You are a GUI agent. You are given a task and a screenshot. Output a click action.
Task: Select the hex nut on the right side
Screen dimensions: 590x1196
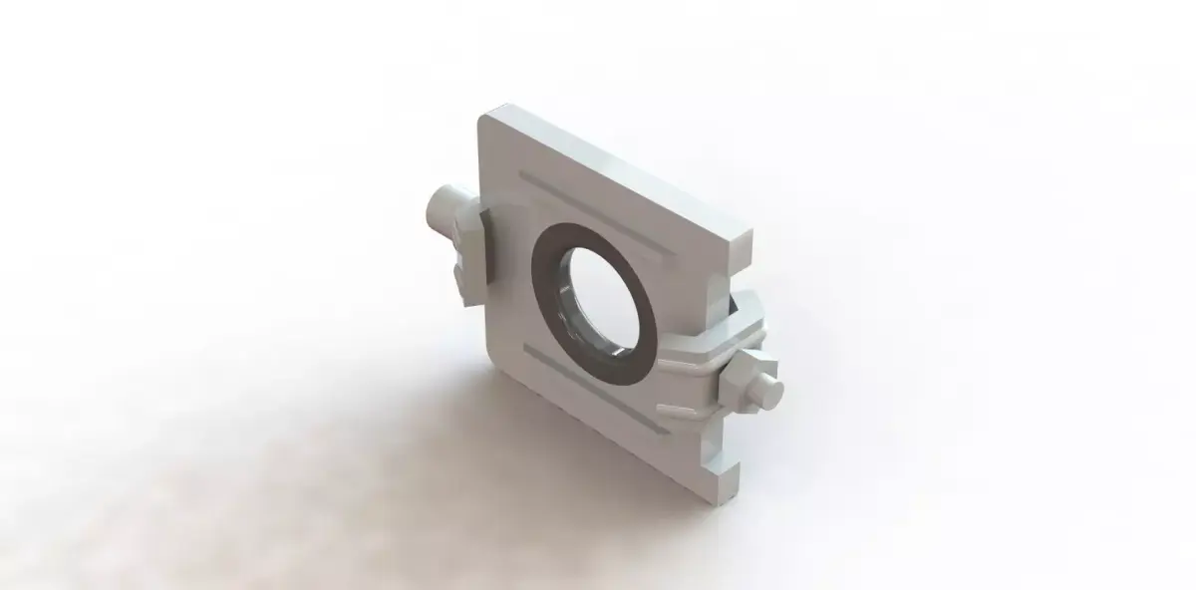tap(747, 377)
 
